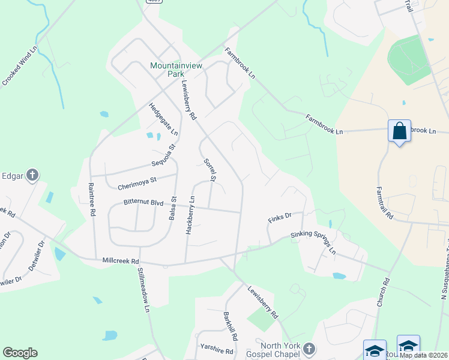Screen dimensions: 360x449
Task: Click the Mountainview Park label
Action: point(176,70)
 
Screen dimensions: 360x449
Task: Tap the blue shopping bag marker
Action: point(399,131)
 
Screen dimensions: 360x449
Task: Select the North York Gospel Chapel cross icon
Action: point(309,348)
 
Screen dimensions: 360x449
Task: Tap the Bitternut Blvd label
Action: point(143,203)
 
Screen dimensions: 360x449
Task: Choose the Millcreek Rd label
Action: point(121,262)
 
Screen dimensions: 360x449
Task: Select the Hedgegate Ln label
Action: point(164,118)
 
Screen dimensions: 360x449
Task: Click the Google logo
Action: point(20,353)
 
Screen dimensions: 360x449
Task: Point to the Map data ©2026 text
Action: point(423,355)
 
